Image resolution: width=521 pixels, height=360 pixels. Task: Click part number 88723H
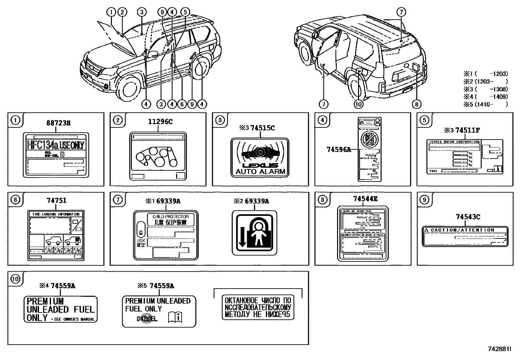(58, 123)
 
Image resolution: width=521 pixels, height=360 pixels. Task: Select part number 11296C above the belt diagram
(160, 122)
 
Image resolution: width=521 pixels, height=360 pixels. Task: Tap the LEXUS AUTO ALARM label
(260, 158)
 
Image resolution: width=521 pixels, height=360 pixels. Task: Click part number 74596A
(338, 150)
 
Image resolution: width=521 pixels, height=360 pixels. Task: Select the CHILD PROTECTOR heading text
(171, 217)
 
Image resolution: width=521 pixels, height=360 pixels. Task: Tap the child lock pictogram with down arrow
(254, 233)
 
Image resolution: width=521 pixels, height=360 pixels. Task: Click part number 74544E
(365, 199)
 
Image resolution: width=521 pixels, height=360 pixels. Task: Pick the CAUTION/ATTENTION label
(465, 236)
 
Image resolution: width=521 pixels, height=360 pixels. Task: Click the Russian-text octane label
(258, 308)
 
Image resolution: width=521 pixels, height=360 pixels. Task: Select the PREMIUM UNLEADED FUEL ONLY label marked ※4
(60, 309)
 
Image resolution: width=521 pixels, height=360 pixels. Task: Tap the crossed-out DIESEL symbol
(147, 318)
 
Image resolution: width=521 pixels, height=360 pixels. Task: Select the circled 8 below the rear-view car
(416, 104)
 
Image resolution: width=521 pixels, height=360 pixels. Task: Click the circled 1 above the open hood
(112, 12)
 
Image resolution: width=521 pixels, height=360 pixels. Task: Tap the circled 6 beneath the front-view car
(182, 104)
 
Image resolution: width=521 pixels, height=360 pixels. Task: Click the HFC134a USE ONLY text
(55, 145)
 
